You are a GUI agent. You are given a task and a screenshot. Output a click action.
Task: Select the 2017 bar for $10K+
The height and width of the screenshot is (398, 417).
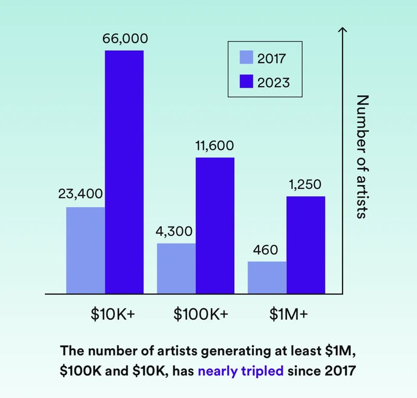pos(86,250)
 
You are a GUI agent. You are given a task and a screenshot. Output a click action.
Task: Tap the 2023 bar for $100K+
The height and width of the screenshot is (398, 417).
pos(215,225)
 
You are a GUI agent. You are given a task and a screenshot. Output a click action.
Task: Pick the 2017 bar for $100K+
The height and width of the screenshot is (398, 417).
pos(176,268)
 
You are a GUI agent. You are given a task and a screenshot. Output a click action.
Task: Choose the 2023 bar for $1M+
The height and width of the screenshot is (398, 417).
pos(306,245)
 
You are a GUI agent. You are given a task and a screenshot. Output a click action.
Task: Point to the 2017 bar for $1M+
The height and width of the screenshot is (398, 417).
pos(267,277)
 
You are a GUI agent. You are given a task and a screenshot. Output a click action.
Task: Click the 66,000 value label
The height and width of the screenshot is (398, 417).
pos(125,38)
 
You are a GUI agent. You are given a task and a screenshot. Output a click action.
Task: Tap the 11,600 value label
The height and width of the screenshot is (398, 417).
pos(214,146)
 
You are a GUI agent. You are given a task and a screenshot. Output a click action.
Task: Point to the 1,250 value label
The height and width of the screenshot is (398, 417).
pos(305,184)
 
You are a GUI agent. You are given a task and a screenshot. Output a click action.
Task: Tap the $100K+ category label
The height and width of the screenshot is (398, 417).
pos(201,314)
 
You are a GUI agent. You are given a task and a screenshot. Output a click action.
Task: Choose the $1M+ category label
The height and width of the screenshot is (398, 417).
pos(289,314)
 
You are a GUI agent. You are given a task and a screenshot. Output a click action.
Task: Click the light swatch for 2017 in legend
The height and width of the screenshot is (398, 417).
pos(246,57)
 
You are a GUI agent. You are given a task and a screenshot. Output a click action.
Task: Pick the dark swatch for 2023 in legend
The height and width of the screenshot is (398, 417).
pos(246,81)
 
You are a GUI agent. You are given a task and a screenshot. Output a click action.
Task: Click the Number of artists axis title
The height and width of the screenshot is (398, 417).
pos(362,156)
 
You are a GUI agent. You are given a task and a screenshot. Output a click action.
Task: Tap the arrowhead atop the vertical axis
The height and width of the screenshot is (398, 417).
pos(341,30)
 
